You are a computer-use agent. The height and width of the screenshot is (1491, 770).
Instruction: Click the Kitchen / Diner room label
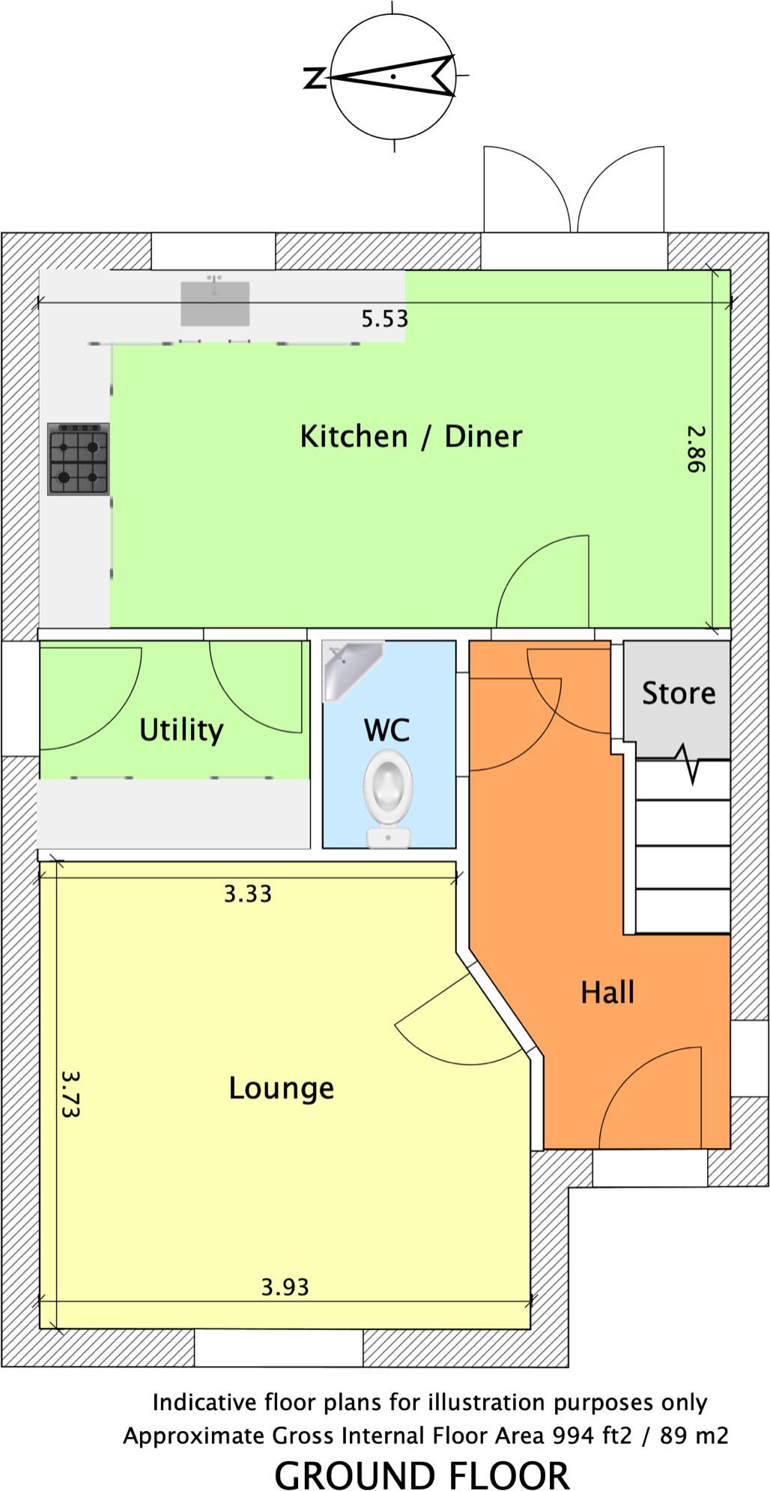pyautogui.click(x=410, y=437)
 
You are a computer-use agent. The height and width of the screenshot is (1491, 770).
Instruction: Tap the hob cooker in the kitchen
pyautogui.click(x=79, y=459)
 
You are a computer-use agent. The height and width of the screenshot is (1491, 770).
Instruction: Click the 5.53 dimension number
pyautogui.click(x=385, y=319)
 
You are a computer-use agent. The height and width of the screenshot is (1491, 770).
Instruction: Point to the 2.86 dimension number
pyautogui.click(x=696, y=449)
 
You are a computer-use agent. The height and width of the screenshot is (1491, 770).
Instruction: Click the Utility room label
pyautogui.click(x=181, y=729)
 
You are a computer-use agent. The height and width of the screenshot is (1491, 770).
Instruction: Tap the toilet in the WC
pyautogui.click(x=388, y=798)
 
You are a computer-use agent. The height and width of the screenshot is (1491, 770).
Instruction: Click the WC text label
pyautogui.click(x=386, y=731)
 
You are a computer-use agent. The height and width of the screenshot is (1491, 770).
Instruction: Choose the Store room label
pyautogui.click(x=679, y=693)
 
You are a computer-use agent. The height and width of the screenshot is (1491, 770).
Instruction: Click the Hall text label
pyautogui.click(x=607, y=992)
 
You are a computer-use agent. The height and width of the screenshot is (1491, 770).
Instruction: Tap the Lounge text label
pyautogui.click(x=281, y=1088)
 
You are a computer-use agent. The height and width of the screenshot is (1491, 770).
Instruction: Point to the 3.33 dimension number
pyautogui.click(x=248, y=894)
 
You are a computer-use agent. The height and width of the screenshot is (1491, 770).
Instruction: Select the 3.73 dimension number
pyautogui.click(x=70, y=1094)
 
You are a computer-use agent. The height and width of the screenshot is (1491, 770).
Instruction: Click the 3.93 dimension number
pyautogui.click(x=285, y=1287)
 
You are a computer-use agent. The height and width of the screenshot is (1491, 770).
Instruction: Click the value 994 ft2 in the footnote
pyautogui.click(x=592, y=1436)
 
